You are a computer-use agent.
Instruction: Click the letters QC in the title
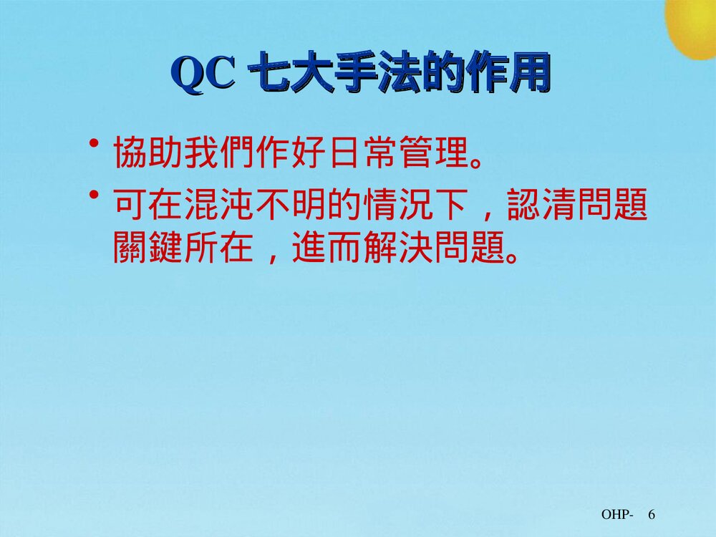click(x=205, y=75)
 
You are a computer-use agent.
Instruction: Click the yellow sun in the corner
click(x=692, y=25)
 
